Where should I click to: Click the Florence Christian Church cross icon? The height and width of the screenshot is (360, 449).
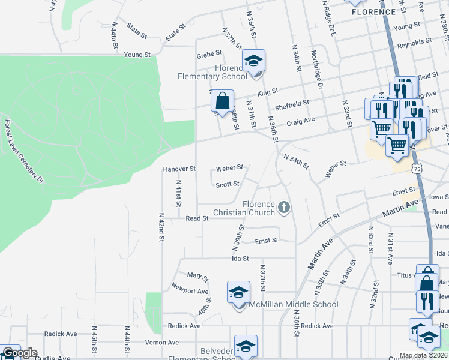tap(284, 208)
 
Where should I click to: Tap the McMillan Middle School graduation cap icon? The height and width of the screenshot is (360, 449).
tap(238, 292)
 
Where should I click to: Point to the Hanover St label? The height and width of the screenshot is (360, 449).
tap(179, 169)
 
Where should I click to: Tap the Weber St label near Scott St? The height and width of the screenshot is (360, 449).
tap(230, 167)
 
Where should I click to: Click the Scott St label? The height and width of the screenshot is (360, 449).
tap(228, 184)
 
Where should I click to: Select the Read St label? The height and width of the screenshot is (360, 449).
tap(197, 218)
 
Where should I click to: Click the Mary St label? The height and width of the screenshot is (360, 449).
tap(197, 277)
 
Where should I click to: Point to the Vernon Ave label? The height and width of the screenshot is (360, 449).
tap(162, 343)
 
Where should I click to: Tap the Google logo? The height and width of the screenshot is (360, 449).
tap(19, 353)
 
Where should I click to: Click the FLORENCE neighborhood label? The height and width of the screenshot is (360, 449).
tap(373, 11)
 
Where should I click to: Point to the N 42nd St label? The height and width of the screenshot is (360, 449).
tap(161, 226)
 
